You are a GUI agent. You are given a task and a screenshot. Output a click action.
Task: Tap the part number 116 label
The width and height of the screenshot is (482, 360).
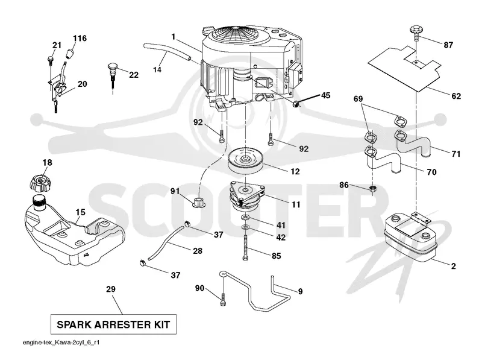click(80, 38)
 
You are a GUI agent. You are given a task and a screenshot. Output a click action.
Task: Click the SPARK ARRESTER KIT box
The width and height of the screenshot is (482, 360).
click(113, 324)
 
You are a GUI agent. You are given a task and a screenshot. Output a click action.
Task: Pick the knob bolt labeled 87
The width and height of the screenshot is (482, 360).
click(416, 33)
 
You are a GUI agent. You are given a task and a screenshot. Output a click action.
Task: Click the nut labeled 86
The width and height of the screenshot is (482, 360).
click(373, 189)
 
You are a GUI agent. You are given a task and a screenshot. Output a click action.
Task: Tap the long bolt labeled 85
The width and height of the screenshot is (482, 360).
click(245, 248)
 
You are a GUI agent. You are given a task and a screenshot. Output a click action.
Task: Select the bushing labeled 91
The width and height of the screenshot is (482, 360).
click(199, 203)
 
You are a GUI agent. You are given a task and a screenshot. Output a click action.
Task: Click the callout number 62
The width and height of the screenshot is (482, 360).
click(456, 96)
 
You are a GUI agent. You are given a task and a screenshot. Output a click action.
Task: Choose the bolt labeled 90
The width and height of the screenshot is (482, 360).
click(223, 299)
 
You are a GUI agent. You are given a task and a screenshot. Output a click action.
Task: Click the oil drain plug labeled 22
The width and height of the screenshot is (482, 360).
click(113, 75)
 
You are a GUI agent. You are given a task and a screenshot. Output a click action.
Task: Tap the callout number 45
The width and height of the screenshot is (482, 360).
click(325, 95)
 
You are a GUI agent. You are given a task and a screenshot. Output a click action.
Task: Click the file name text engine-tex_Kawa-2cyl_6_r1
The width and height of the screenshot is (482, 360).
click(61, 343)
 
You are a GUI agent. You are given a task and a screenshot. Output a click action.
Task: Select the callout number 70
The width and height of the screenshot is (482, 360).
click(432, 172)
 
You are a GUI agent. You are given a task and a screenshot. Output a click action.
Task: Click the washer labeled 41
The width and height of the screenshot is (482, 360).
click(245, 218)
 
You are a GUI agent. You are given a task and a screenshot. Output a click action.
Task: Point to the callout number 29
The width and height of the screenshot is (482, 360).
click(111, 289)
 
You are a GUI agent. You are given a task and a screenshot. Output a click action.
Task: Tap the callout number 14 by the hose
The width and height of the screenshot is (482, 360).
click(157, 70)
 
